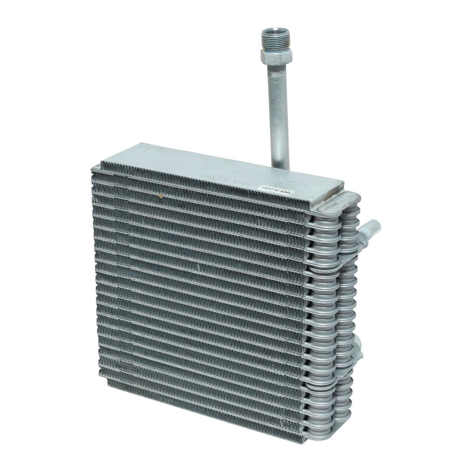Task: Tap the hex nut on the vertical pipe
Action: (x=276, y=56)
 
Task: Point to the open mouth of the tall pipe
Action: (x=271, y=31)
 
